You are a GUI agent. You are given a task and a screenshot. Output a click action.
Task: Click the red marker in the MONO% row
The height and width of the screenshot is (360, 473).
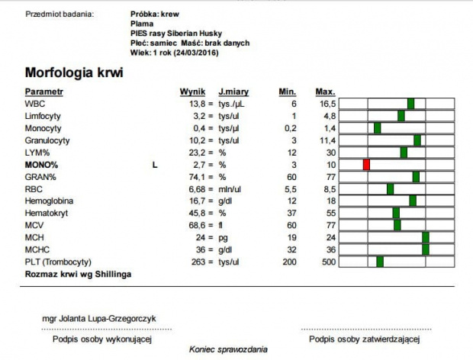366,165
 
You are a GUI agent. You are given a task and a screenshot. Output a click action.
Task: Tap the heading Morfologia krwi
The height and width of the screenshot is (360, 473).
74,73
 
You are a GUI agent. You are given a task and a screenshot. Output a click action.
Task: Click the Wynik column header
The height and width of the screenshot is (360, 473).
192,92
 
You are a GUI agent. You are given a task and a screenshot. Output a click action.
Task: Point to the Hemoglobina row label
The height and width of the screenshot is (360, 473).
49,201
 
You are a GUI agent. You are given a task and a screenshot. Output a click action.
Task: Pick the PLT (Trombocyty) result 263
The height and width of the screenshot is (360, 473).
199,262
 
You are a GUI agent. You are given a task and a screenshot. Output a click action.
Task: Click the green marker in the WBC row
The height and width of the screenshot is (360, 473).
410,103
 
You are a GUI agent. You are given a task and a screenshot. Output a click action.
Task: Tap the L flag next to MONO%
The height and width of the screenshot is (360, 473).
156,164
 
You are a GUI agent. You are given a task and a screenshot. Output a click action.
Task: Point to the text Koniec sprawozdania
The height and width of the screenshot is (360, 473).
229,349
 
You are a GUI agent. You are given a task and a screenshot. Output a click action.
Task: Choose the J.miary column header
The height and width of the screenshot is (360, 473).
233,92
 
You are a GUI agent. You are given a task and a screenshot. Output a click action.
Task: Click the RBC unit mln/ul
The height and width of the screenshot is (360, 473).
230,188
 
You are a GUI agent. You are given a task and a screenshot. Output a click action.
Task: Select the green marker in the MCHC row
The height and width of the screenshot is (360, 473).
426,249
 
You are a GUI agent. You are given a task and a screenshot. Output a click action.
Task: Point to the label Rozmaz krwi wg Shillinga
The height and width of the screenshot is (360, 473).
79,273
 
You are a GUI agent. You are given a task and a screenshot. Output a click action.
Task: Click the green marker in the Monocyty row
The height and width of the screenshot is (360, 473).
377,127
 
